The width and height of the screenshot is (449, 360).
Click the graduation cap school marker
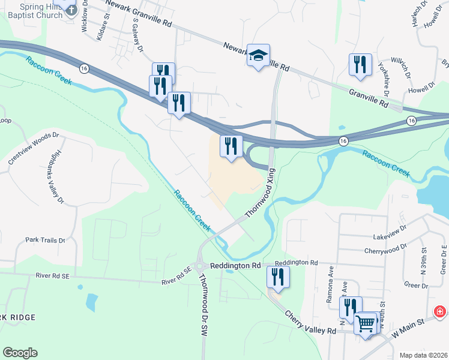[258, 56]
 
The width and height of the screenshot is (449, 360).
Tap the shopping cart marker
[366, 325]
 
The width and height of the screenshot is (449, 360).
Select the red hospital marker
[439, 312]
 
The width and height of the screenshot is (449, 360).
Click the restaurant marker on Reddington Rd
[278, 277]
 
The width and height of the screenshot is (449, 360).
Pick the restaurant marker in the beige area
[231, 146]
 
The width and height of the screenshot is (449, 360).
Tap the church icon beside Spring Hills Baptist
[71, 8]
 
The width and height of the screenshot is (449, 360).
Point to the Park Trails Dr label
[45, 240]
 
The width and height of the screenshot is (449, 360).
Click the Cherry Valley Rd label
[310, 323]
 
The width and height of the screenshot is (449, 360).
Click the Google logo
[20, 352]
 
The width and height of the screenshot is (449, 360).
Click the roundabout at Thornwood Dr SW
[199, 266]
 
